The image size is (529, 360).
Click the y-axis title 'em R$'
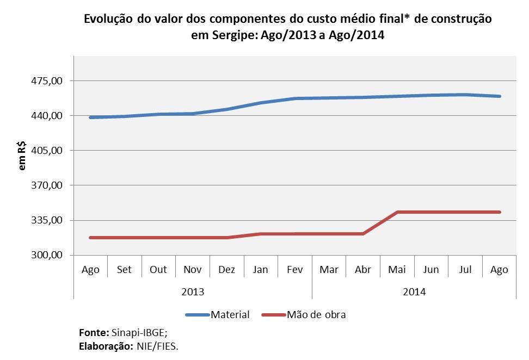pos(22,156)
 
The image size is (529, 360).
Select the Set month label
pos(124,270)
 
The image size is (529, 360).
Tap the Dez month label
pos(226,270)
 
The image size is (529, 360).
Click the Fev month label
pos(294,270)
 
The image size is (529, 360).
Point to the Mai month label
pos(397,270)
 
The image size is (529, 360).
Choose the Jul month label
pos(465,270)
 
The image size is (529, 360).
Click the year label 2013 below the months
pos(193,292)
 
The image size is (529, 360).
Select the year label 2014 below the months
pos(414,292)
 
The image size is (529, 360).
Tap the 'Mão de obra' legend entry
pos(316,315)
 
